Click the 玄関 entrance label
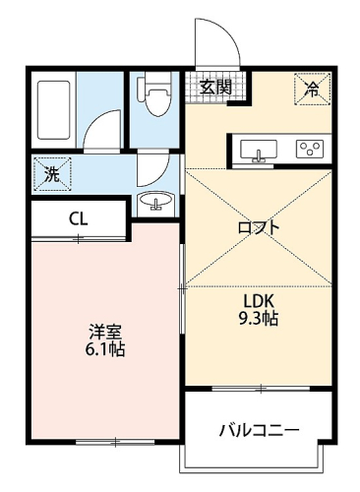tap(216, 87)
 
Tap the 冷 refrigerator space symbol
tap(312, 89)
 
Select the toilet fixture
tap(154, 93)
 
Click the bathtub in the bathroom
tap(54, 110)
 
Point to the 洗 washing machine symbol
tap(53, 174)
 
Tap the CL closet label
tap(79, 218)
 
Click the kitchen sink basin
tap(259, 151)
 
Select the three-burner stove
tap(310, 149)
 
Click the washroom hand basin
tap(155, 200)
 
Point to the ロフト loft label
tap(259, 227)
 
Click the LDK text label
tap(259, 300)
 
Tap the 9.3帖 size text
tap(259, 318)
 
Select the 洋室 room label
tap(105, 333)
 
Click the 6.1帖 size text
tap(105, 350)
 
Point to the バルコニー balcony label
tap(259, 430)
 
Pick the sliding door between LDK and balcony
tap(261, 389)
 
